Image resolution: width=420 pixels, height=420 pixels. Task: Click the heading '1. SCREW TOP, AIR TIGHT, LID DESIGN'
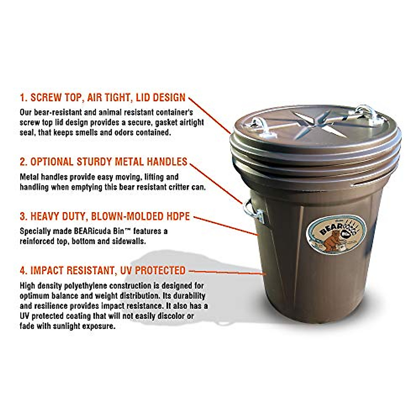pyautogui.click(x=103, y=97)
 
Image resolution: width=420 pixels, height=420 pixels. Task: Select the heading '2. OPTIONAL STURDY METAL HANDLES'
pyautogui.click(x=104, y=162)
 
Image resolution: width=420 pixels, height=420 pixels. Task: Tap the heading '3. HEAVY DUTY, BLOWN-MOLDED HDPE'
pyautogui.click(x=105, y=216)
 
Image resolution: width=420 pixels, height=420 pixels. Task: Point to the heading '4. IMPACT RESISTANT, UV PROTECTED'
pyautogui.click(x=103, y=271)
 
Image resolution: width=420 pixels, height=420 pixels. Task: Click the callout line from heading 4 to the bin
pyautogui.click(x=227, y=272)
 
